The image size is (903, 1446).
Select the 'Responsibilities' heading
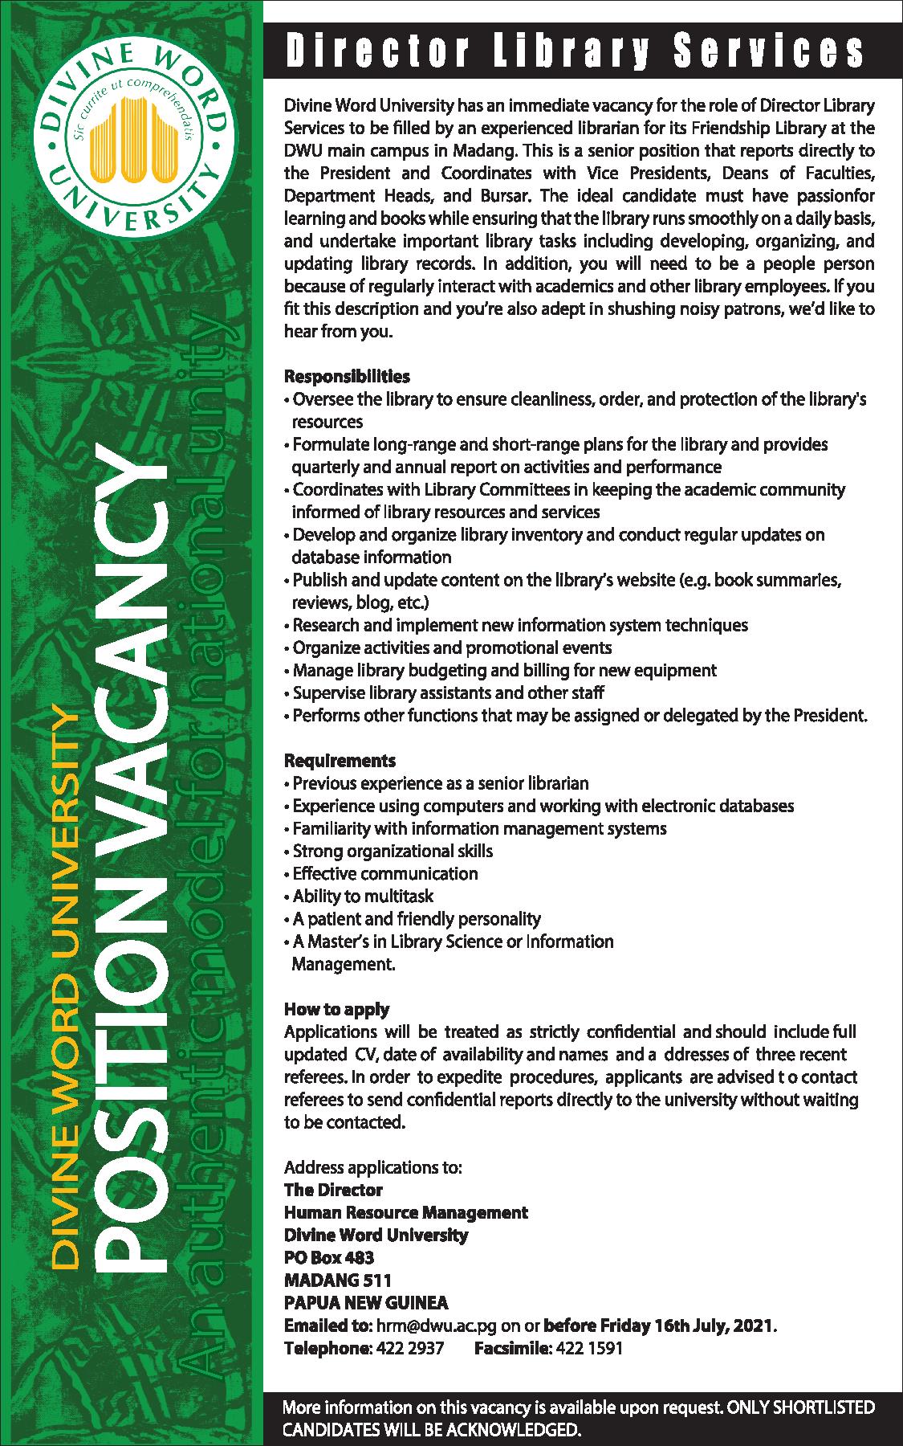point(347,376)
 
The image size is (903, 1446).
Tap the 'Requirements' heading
point(340,760)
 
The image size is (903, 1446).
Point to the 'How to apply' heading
point(337,1009)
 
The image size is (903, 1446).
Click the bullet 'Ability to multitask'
point(362,896)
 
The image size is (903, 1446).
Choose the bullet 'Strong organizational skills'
point(392,851)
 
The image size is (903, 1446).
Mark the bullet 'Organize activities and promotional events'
point(451,647)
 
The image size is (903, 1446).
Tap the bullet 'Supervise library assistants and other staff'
point(447,692)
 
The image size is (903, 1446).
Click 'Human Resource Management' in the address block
point(406,1211)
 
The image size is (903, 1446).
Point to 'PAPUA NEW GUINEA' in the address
point(366,1302)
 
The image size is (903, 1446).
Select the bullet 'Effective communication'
point(384,873)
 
